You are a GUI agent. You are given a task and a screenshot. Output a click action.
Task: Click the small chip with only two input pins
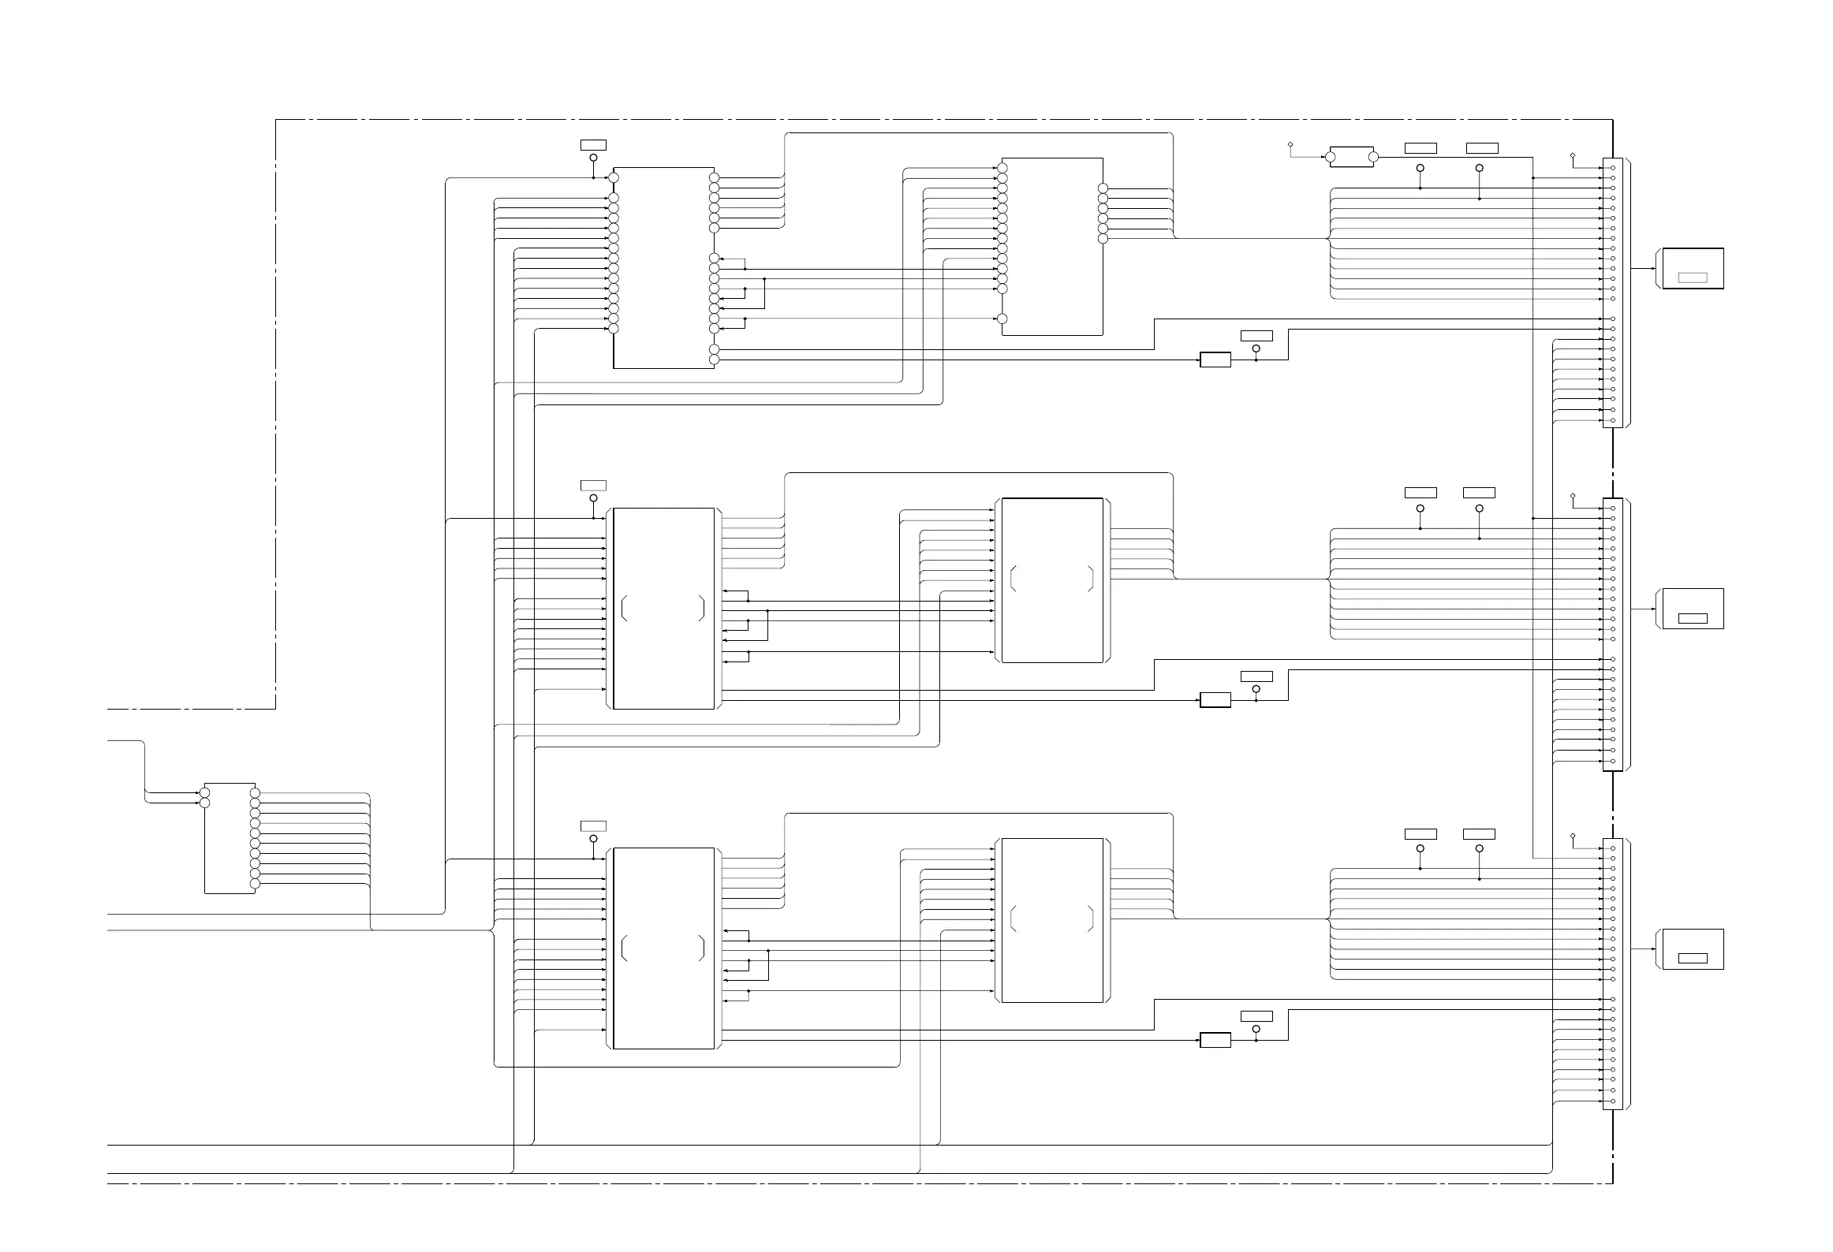point(230,838)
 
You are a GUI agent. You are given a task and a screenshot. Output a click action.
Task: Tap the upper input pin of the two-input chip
point(205,792)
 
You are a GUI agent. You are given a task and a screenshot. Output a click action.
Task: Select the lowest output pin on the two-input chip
point(255,885)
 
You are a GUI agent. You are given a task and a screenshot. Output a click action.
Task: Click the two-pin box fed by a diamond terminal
point(1352,157)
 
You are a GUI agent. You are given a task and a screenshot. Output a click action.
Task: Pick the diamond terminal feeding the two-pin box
point(1290,145)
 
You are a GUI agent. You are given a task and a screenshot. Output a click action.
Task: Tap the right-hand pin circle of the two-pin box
point(1373,157)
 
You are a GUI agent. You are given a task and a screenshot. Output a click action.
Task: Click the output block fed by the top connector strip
point(1693,269)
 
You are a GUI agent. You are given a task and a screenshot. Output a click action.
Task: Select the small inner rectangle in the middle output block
point(1693,618)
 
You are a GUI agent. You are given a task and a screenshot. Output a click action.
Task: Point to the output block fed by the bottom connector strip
point(1693,949)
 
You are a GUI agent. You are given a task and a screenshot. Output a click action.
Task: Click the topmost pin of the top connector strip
point(1613,168)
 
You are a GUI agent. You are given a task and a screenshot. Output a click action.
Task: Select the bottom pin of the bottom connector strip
point(1613,1101)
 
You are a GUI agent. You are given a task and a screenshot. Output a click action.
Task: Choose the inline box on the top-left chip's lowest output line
point(1215,360)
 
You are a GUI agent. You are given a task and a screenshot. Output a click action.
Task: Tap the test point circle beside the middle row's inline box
point(1256,689)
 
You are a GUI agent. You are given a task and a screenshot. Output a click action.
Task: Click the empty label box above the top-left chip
point(593,144)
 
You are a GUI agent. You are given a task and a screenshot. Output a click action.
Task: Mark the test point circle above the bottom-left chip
point(593,839)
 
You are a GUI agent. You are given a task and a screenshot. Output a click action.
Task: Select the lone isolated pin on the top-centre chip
point(1002,319)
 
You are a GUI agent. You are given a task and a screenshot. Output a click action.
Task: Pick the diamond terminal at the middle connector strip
point(1573,496)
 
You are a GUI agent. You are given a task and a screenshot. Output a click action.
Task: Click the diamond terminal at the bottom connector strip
point(1573,836)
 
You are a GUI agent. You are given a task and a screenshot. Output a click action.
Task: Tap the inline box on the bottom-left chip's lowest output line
point(1215,1040)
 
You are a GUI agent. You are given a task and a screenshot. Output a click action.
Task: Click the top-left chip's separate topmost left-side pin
point(614,177)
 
